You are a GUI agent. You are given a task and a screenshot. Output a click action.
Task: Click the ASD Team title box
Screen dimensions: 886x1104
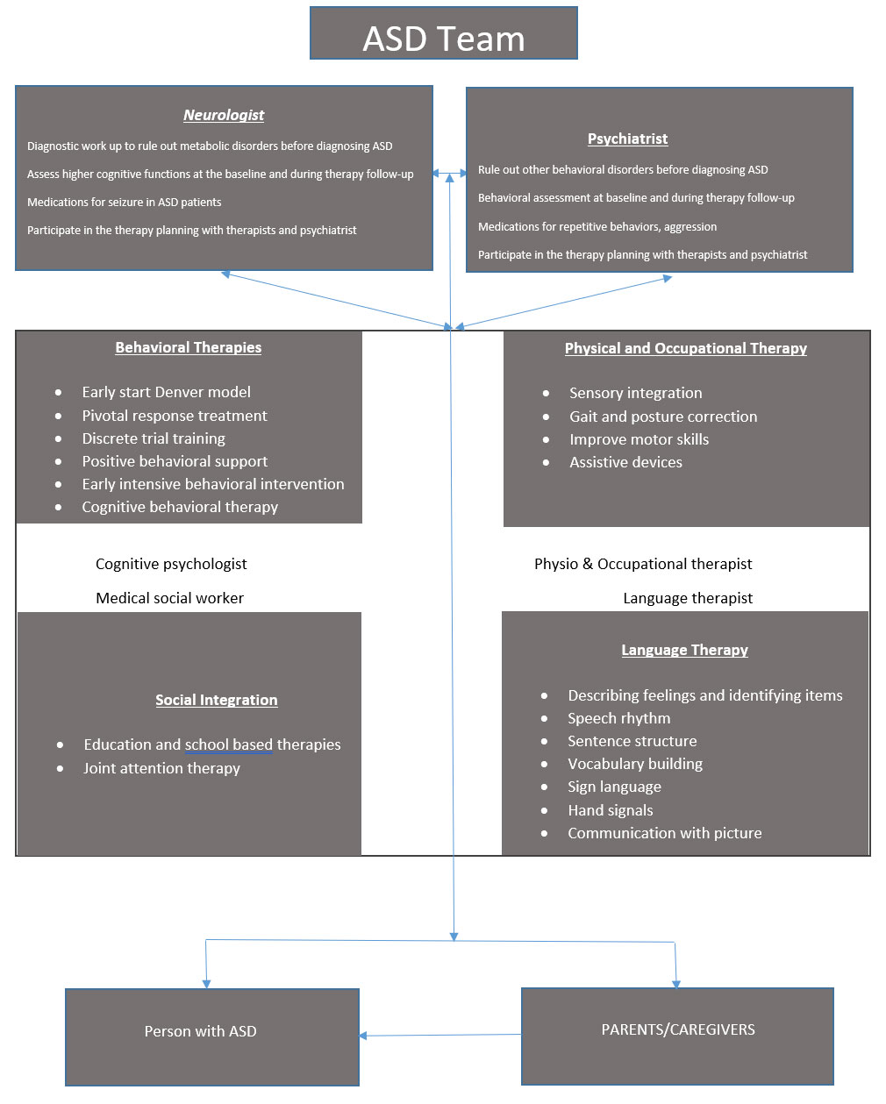[x=444, y=32]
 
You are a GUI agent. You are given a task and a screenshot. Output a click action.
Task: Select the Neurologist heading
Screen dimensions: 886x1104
[x=224, y=115]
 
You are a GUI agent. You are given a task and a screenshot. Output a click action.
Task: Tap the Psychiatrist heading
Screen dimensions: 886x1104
[x=627, y=139]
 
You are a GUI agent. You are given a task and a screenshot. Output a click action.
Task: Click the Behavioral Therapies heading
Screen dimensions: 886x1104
[x=189, y=347]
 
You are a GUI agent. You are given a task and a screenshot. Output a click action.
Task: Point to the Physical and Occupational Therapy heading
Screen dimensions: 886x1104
[x=686, y=348]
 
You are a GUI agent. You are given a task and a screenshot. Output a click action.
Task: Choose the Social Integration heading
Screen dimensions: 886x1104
[x=217, y=700]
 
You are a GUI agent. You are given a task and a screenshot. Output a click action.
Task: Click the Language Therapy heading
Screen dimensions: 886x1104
[x=685, y=650]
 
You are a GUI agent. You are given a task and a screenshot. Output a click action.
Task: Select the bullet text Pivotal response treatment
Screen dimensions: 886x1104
[x=175, y=416]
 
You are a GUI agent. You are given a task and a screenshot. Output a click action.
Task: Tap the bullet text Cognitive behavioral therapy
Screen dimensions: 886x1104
[x=180, y=507]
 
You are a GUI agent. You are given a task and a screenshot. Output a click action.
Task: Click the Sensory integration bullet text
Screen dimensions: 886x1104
[x=635, y=393]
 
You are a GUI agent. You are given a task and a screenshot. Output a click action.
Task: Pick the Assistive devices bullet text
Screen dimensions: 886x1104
[x=625, y=462]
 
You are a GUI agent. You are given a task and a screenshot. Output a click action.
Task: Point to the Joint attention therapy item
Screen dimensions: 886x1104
[x=161, y=768]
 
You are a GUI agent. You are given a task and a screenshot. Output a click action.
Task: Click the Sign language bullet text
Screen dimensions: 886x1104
[x=614, y=787]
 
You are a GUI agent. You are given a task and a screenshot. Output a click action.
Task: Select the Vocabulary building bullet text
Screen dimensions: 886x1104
[x=635, y=764]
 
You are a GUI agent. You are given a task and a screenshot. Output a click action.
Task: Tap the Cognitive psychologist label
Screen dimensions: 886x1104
[x=171, y=565]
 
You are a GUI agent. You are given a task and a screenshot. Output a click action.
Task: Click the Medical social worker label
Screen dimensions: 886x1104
[x=169, y=598]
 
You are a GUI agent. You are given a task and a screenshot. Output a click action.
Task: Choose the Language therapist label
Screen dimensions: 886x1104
[x=688, y=598]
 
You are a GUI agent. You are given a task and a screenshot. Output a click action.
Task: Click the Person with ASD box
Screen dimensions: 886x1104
[x=212, y=1036]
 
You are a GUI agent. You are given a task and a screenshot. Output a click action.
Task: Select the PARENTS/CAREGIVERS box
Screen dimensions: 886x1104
[x=677, y=1036]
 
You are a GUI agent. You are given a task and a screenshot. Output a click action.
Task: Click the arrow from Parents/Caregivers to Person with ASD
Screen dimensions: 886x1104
[x=439, y=1035]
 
